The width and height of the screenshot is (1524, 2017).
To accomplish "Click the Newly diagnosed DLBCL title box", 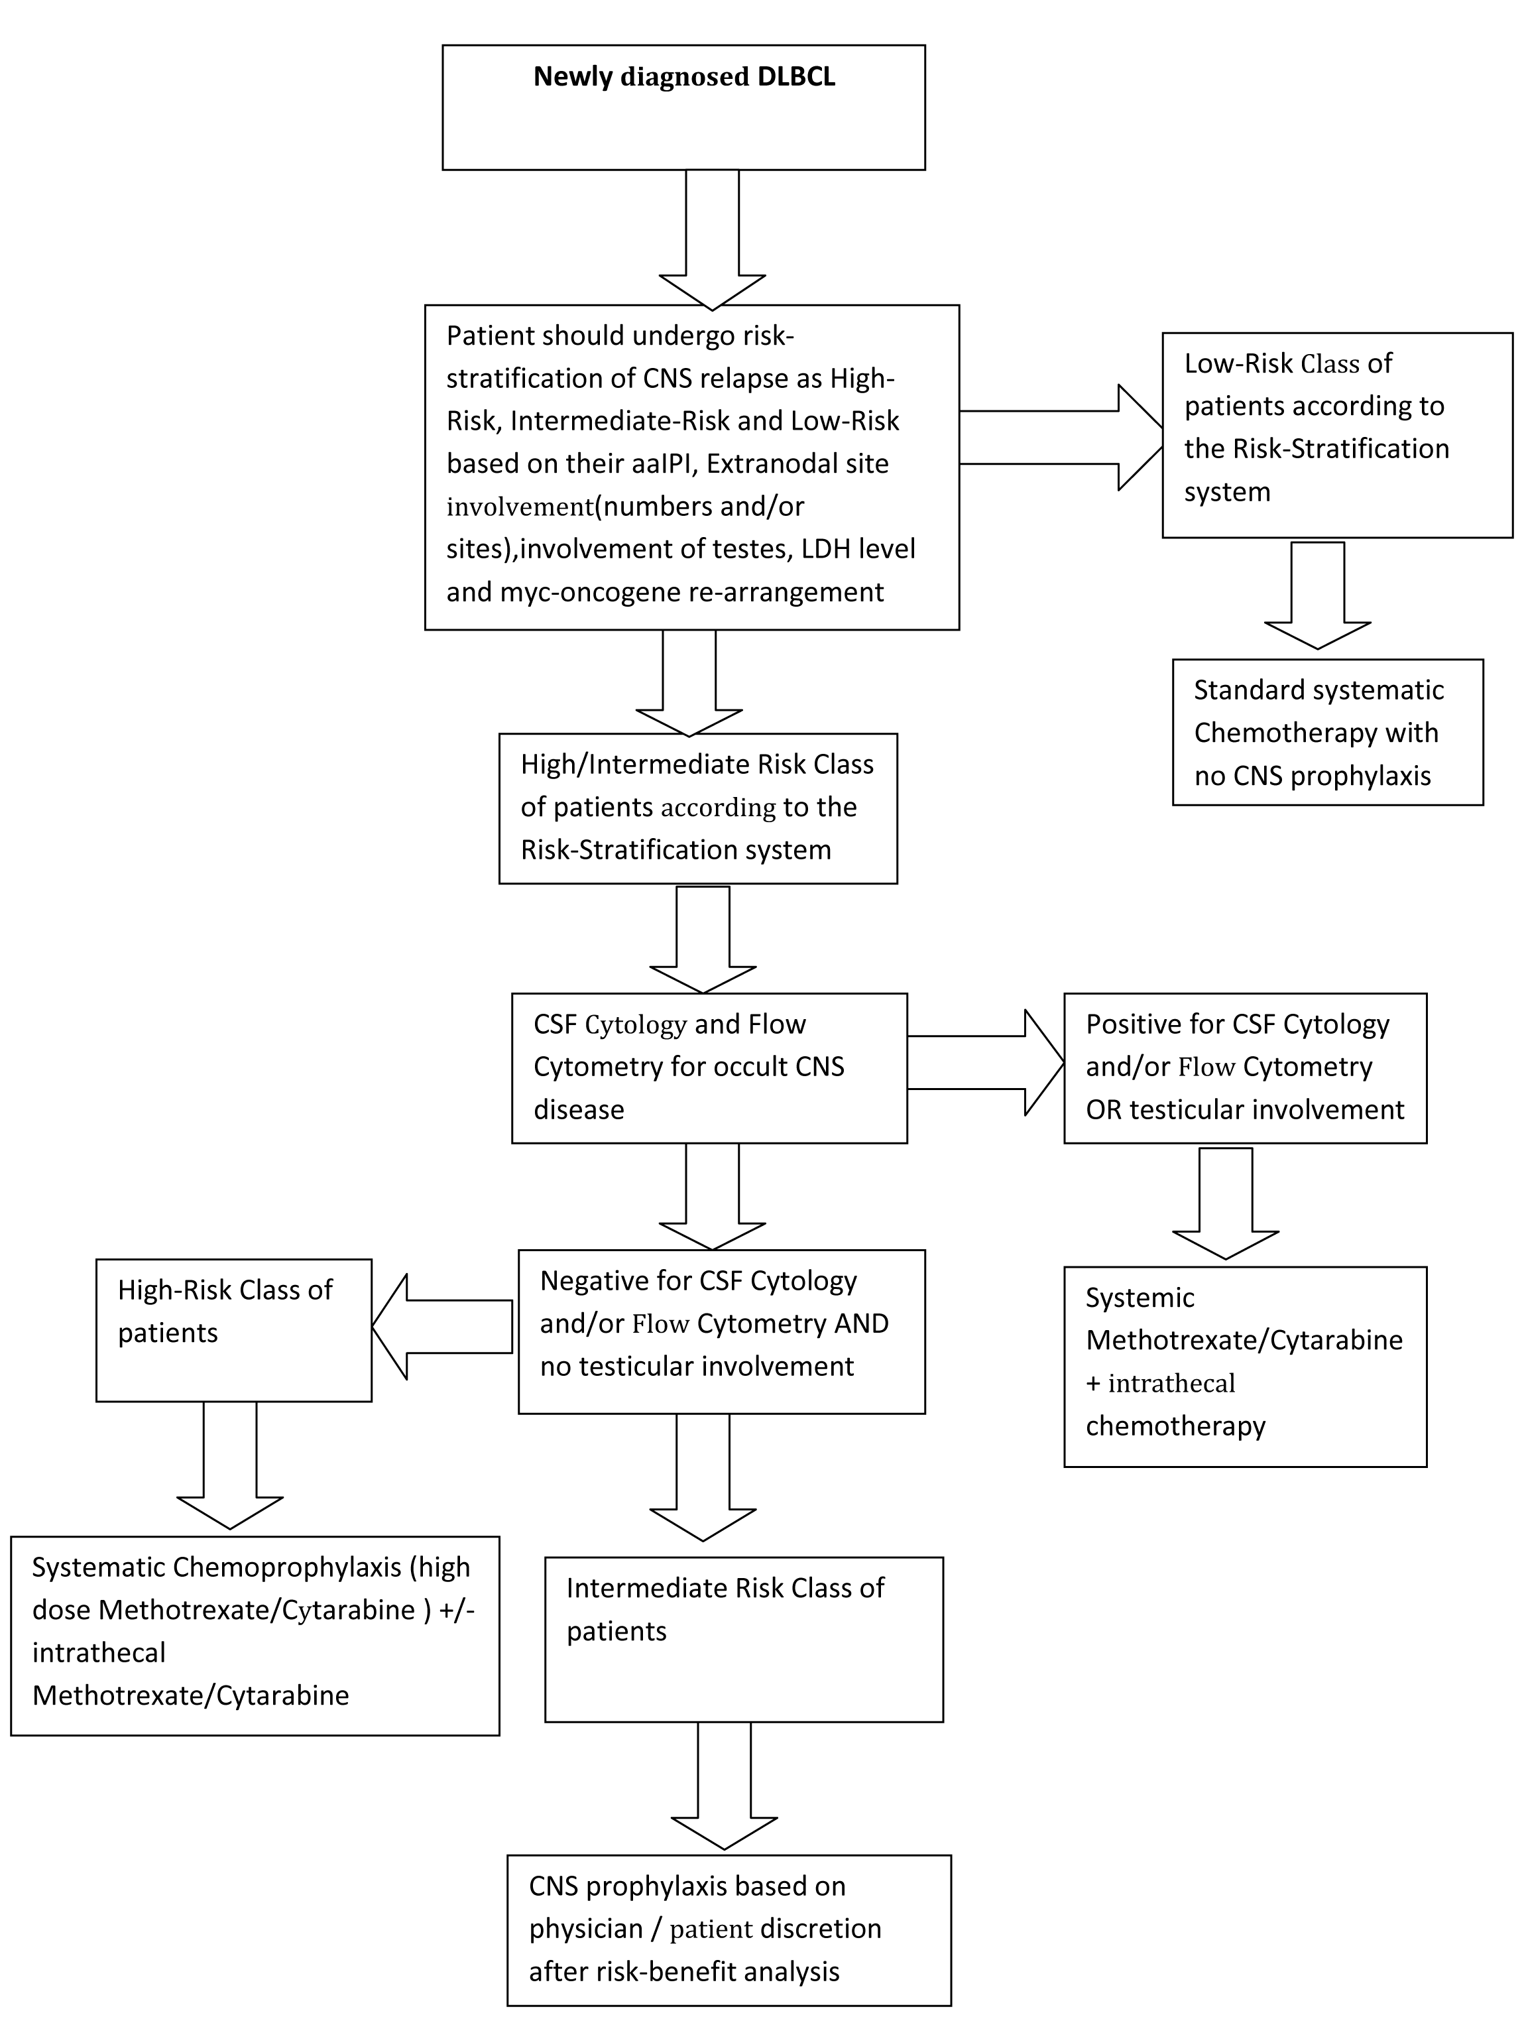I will pos(683,107).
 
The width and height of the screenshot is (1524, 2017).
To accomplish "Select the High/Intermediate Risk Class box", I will pos(698,808).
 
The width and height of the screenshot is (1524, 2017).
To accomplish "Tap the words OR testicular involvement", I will pos(1245,1110).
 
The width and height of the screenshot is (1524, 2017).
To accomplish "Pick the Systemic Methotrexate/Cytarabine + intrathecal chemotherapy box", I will pos(1244,1365).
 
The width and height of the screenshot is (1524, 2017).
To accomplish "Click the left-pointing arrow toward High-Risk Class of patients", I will pos(441,1327).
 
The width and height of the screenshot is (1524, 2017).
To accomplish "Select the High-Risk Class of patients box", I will pos(233,1329).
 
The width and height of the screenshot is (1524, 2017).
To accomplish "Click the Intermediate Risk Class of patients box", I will pos(743,1638).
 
